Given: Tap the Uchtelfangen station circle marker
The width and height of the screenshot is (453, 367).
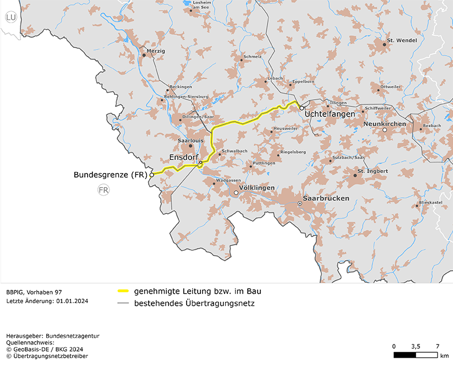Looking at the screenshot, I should [302, 108].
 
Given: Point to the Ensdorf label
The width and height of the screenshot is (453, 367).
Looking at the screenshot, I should [183, 158].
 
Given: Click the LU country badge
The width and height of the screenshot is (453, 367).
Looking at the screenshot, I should [10, 18].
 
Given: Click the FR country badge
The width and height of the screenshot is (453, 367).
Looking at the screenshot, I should [103, 190].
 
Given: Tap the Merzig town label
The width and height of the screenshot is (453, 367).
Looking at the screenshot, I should [156, 51].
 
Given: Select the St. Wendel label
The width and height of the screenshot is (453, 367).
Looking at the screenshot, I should [402, 41].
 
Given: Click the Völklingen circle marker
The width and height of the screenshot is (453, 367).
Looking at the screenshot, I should [236, 193].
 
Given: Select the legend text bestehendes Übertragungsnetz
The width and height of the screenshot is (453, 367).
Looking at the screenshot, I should [194, 303].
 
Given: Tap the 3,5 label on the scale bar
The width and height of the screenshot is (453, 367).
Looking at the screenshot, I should [416, 346].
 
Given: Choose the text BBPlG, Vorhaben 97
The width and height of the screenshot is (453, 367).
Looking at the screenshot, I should [34, 291].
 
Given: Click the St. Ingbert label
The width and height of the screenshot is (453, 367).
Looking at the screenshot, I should [373, 171].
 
